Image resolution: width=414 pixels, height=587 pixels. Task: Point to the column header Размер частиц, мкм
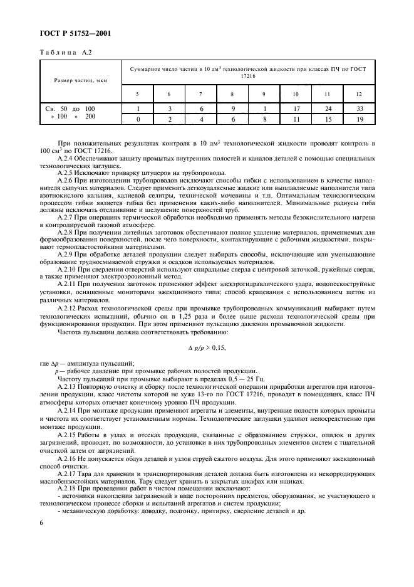[80, 80]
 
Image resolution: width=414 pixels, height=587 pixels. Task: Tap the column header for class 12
[358, 94]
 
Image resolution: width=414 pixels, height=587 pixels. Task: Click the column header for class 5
[138, 94]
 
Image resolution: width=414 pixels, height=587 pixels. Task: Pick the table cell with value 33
[358, 108]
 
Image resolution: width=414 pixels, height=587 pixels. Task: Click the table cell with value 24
[327, 108]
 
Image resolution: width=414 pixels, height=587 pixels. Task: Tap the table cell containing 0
[138, 117]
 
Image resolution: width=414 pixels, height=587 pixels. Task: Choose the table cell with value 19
[358, 117]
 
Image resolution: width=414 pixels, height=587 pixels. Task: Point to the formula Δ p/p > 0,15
[206, 347]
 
